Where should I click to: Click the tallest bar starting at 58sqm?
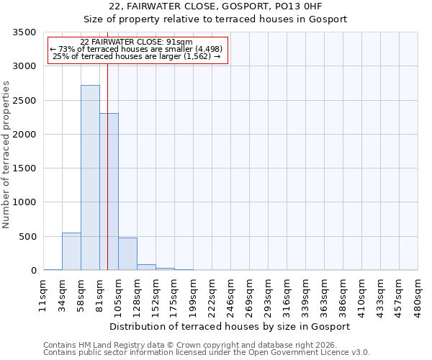(x=90, y=178)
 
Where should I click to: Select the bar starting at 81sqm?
(x=109, y=192)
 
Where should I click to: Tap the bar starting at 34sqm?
(x=71, y=251)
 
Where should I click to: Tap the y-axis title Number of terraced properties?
(x=7, y=155)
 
